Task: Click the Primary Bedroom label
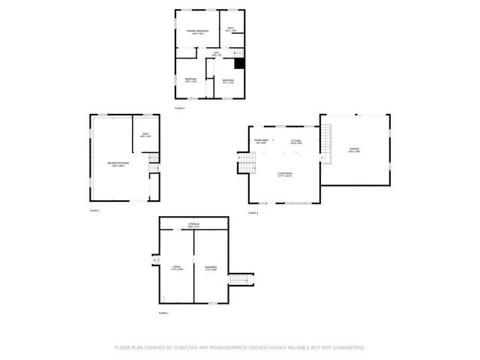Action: click(197, 31)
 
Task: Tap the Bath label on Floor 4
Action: click(230, 29)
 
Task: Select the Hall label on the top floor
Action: click(216, 54)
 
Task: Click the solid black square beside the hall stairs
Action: click(240, 64)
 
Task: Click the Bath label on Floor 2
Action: click(146, 135)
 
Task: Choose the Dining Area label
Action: click(261, 141)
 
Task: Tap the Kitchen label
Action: click(296, 141)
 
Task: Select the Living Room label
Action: click(284, 174)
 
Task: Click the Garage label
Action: click(354, 149)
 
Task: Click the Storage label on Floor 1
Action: click(193, 224)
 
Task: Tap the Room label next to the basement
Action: click(177, 267)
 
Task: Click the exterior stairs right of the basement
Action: click(239, 280)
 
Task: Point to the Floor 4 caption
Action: click(179, 109)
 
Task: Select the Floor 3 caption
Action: click(253, 213)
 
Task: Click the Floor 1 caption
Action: click(163, 313)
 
